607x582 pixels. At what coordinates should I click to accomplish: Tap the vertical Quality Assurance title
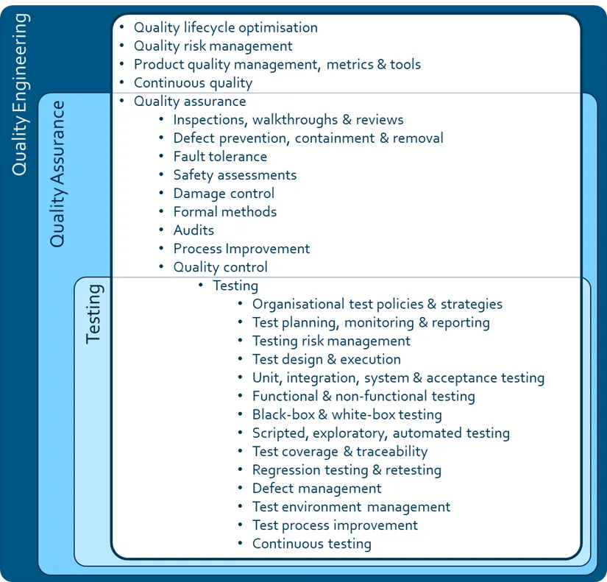pyautogui.click(x=57, y=173)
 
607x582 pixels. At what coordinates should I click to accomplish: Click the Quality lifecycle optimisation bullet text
pyautogui.click(x=225, y=28)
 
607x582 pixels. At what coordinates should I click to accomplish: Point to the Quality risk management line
pyautogui.click(x=213, y=46)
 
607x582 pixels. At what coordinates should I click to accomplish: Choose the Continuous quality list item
pyautogui.click(x=193, y=83)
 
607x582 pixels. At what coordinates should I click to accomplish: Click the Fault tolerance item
pyautogui.click(x=220, y=157)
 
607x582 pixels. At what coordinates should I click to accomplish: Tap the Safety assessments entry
pyautogui.click(x=235, y=175)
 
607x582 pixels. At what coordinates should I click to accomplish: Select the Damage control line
pyautogui.click(x=224, y=194)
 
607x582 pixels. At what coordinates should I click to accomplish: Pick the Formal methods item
pyautogui.click(x=225, y=212)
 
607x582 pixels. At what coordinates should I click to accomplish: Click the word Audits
pyautogui.click(x=194, y=230)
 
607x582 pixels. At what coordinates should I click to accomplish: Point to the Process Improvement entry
pyautogui.click(x=241, y=249)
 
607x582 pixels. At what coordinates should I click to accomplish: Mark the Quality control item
pyautogui.click(x=220, y=267)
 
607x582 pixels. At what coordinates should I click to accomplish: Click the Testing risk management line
pyautogui.click(x=331, y=341)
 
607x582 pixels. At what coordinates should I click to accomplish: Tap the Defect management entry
pyautogui.click(x=316, y=489)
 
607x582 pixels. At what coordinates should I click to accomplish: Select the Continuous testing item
pyautogui.click(x=311, y=544)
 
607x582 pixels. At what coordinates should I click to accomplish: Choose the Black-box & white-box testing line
pyautogui.click(x=347, y=415)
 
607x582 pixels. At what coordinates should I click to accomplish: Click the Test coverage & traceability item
pyautogui.click(x=339, y=452)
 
